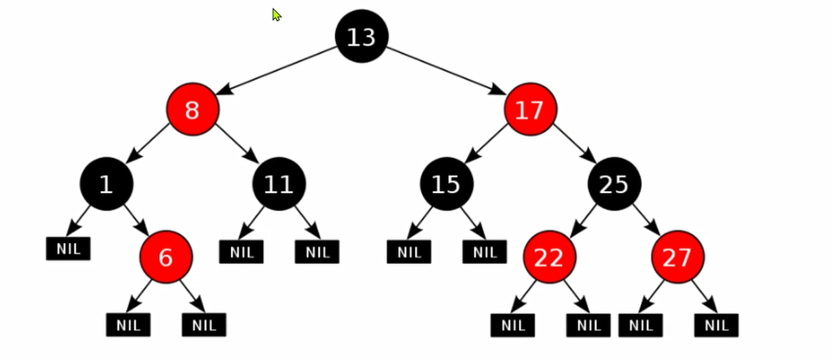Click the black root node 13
tap(362, 36)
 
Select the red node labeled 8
tap(192, 109)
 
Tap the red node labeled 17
tap(530, 109)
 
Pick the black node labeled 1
tap(106, 183)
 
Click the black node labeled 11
tap(279, 183)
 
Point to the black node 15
tap(446, 183)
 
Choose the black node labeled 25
tap(615, 183)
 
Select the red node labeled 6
tap(166, 257)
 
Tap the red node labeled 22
tap(549, 257)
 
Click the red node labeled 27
tap(678, 257)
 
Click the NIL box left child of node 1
tap(68, 248)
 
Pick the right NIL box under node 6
tap(204, 325)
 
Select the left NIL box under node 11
tap(241, 252)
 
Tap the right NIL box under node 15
tap(484, 252)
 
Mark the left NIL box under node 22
tap(513, 325)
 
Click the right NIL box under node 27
tap(716, 325)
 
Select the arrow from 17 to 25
tap(575, 144)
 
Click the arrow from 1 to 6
tap(137, 220)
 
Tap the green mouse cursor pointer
tap(276, 15)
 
